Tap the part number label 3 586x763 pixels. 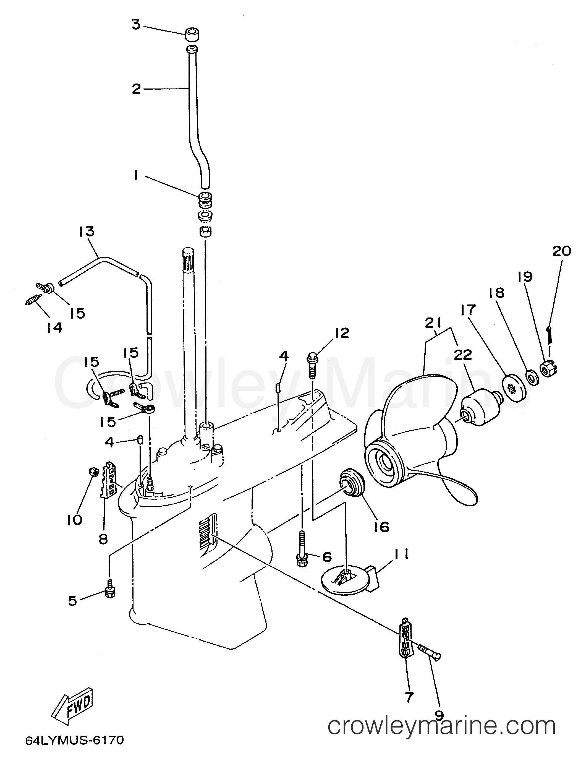[136, 25]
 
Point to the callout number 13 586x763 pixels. [87, 232]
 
